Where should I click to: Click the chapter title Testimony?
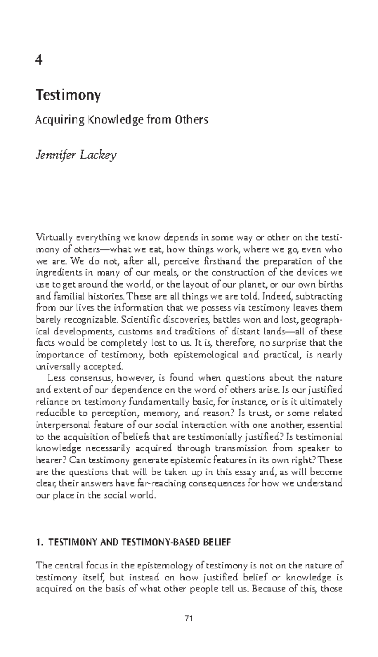(x=68, y=95)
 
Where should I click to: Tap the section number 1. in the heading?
(x=39, y=542)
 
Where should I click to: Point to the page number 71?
(x=189, y=619)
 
